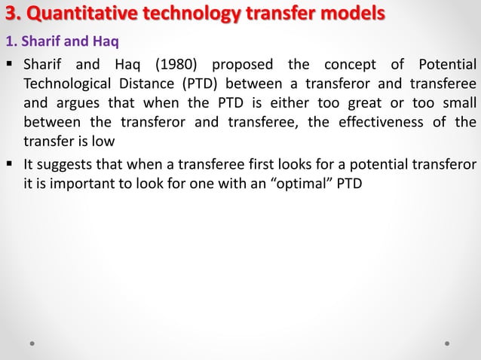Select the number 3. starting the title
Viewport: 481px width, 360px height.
pos(14,14)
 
